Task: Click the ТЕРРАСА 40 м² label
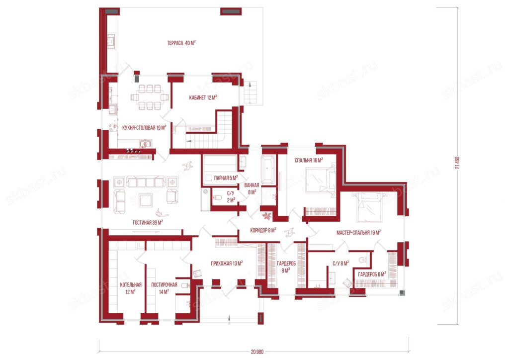pyautogui.click(x=181, y=43)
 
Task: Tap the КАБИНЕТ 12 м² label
pyautogui.click(x=203, y=97)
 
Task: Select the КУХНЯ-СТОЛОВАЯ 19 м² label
pyautogui.click(x=144, y=128)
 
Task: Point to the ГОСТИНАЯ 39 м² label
pyautogui.click(x=148, y=222)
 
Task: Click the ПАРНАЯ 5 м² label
pyautogui.click(x=226, y=178)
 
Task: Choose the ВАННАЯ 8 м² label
pyautogui.click(x=252, y=188)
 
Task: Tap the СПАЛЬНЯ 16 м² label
pyautogui.click(x=309, y=160)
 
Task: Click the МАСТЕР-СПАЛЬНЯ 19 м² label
pyautogui.click(x=358, y=232)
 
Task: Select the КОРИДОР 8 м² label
pyautogui.click(x=263, y=230)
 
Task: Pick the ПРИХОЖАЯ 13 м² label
pyautogui.click(x=227, y=263)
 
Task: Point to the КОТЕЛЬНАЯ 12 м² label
pyautogui.click(x=131, y=288)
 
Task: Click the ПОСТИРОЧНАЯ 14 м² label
pyautogui.click(x=164, y=288)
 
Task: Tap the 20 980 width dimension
pyautogui.click(x=257, y=352)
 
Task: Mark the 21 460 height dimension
pyautogui.click(x=457, y=163)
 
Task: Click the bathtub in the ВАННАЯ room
pyautogui.click(x=268, y=170)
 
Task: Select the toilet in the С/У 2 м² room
pyautogui.click(x=217, y=197)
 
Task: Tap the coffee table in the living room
pyautogui.click(x=145, y=200)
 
